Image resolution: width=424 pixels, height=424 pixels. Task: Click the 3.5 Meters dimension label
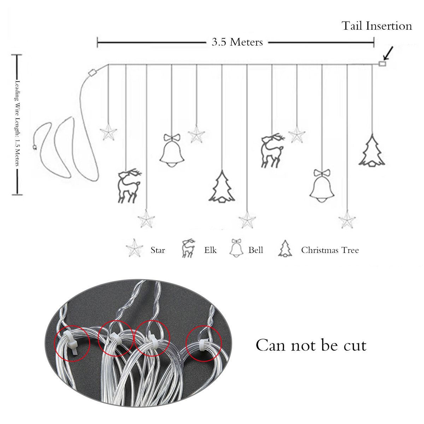click(237, 42)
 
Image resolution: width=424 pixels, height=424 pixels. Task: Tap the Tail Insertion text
click(377, 26)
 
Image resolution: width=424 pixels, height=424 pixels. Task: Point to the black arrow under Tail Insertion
click(388, 53)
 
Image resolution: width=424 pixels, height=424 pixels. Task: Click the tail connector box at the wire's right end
click(382, 64)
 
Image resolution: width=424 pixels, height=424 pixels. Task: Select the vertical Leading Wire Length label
click(17, 123)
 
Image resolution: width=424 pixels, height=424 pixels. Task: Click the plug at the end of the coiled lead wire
click(34, 147)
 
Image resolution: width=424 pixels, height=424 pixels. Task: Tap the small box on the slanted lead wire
click(93, 72)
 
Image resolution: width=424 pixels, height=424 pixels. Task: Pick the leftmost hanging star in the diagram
click(108, 132)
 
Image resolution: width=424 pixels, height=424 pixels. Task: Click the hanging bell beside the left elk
click(172, 151)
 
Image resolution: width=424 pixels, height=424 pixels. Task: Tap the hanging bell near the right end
click(322, 186)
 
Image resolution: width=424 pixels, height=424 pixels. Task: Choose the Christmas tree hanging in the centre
click(222, 186)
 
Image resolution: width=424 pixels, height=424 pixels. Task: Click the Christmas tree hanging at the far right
click(372, 150)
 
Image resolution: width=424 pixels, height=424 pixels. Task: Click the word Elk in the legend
click(210, 250)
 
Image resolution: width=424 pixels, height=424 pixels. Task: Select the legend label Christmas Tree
click(330, 250)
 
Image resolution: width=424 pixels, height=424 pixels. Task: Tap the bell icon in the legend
click(236, 248)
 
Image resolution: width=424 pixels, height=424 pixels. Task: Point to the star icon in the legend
click(134, 248)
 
